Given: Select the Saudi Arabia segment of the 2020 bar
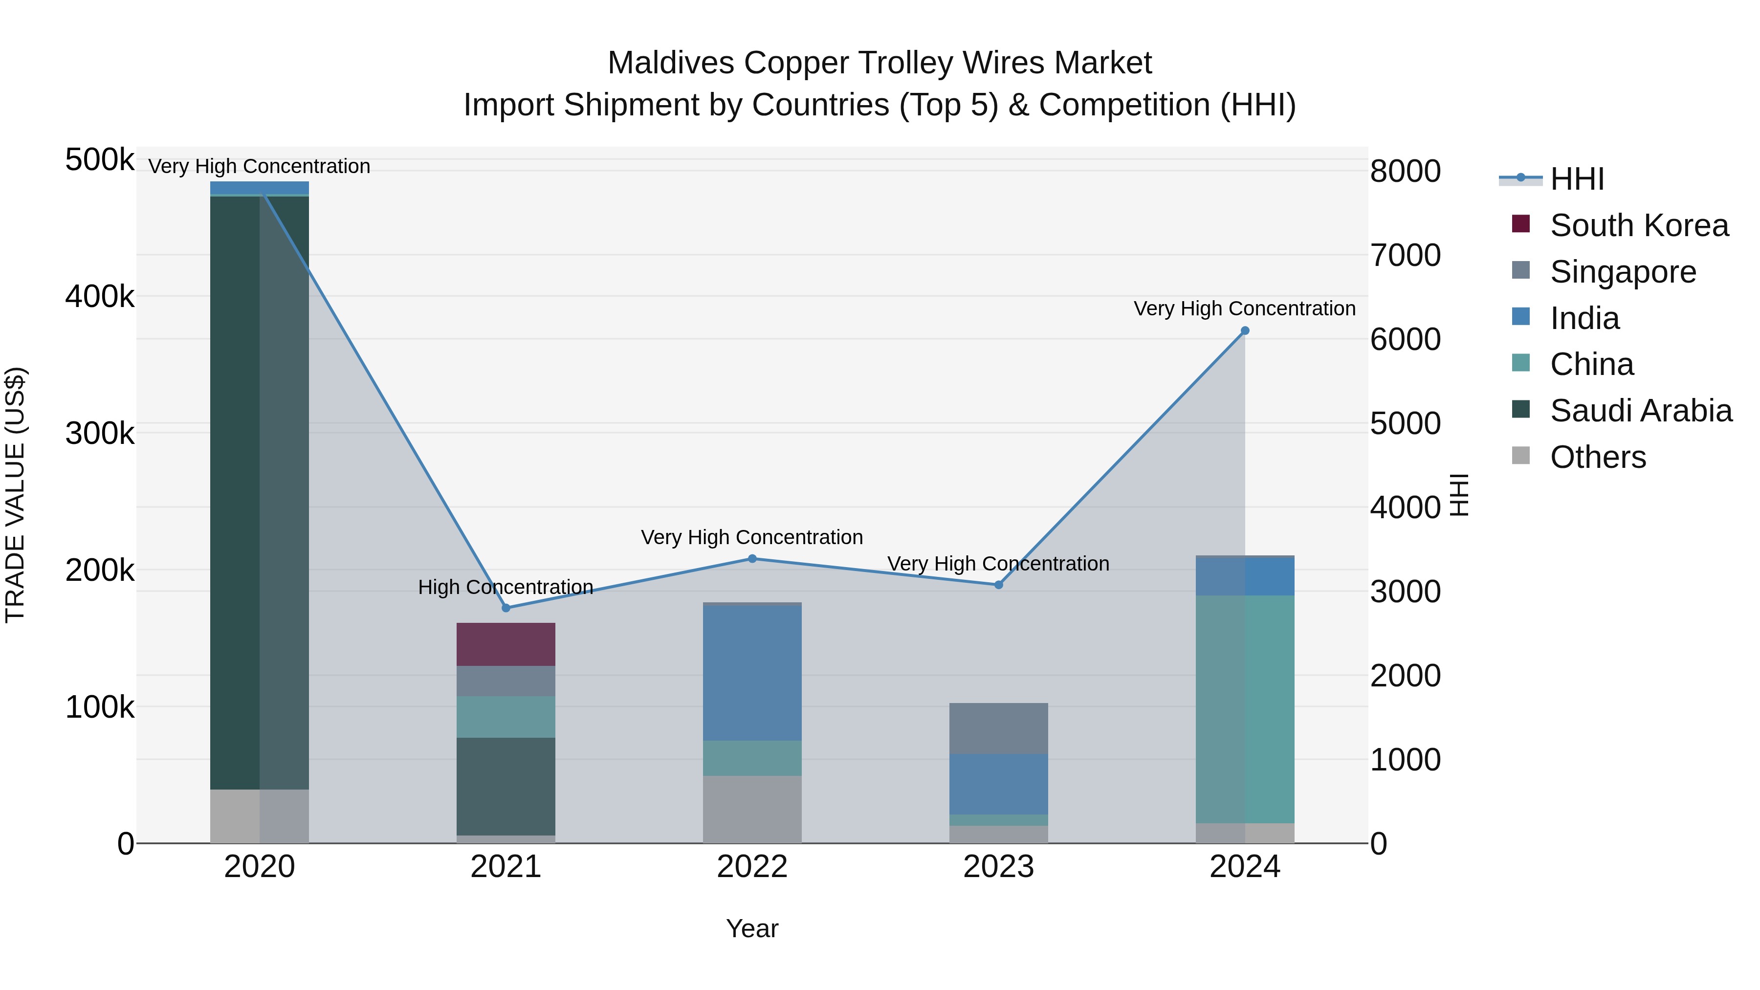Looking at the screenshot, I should [x=259, y=492].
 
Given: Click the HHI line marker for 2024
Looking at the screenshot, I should [x=1245, y=330].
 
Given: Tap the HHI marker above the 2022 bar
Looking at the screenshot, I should [x=752, y=558].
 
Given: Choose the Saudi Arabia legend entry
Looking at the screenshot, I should [x=1640, y=411].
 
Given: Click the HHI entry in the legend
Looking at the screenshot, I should [x=1576, y=179].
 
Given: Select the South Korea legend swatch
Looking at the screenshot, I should [x=1521, y=224].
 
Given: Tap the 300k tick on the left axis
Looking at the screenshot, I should [x=100, y=433].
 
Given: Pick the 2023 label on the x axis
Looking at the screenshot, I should [x=998, y=867].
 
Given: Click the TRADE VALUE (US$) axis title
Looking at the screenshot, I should [x=15, y=495].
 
